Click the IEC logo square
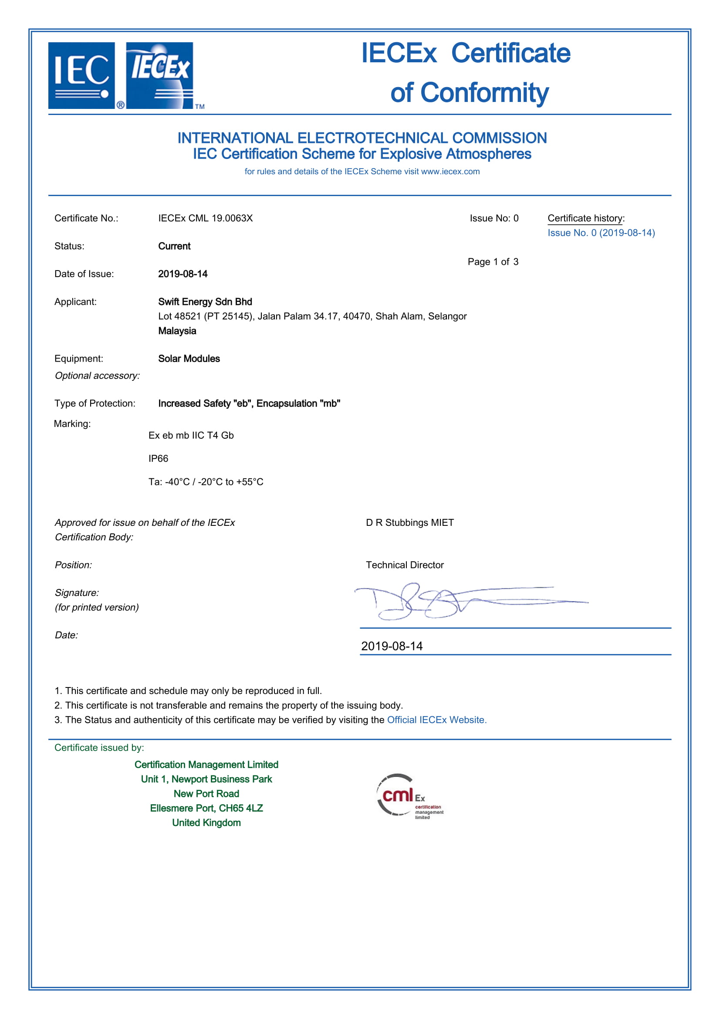click(81, 75)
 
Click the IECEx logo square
click(159, 75)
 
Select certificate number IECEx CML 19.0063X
click(206, 218)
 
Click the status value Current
click(174, 246)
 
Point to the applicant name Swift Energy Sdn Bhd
click(205, 302)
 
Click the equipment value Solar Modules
click(189, 359)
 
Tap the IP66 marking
click(159, 458)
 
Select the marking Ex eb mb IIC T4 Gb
click(191, 435)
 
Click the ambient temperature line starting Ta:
click(206, 482)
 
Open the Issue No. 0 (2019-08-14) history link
click(601, 233)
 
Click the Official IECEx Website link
click(436, 720)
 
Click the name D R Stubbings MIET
click(409, 522)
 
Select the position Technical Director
click(405, 565)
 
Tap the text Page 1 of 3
click(493, 262)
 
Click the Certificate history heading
click(585, 218)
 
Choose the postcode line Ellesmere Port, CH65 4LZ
click(206, 808)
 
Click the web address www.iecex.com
click(450, 171)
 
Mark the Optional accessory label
click(97, 376)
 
